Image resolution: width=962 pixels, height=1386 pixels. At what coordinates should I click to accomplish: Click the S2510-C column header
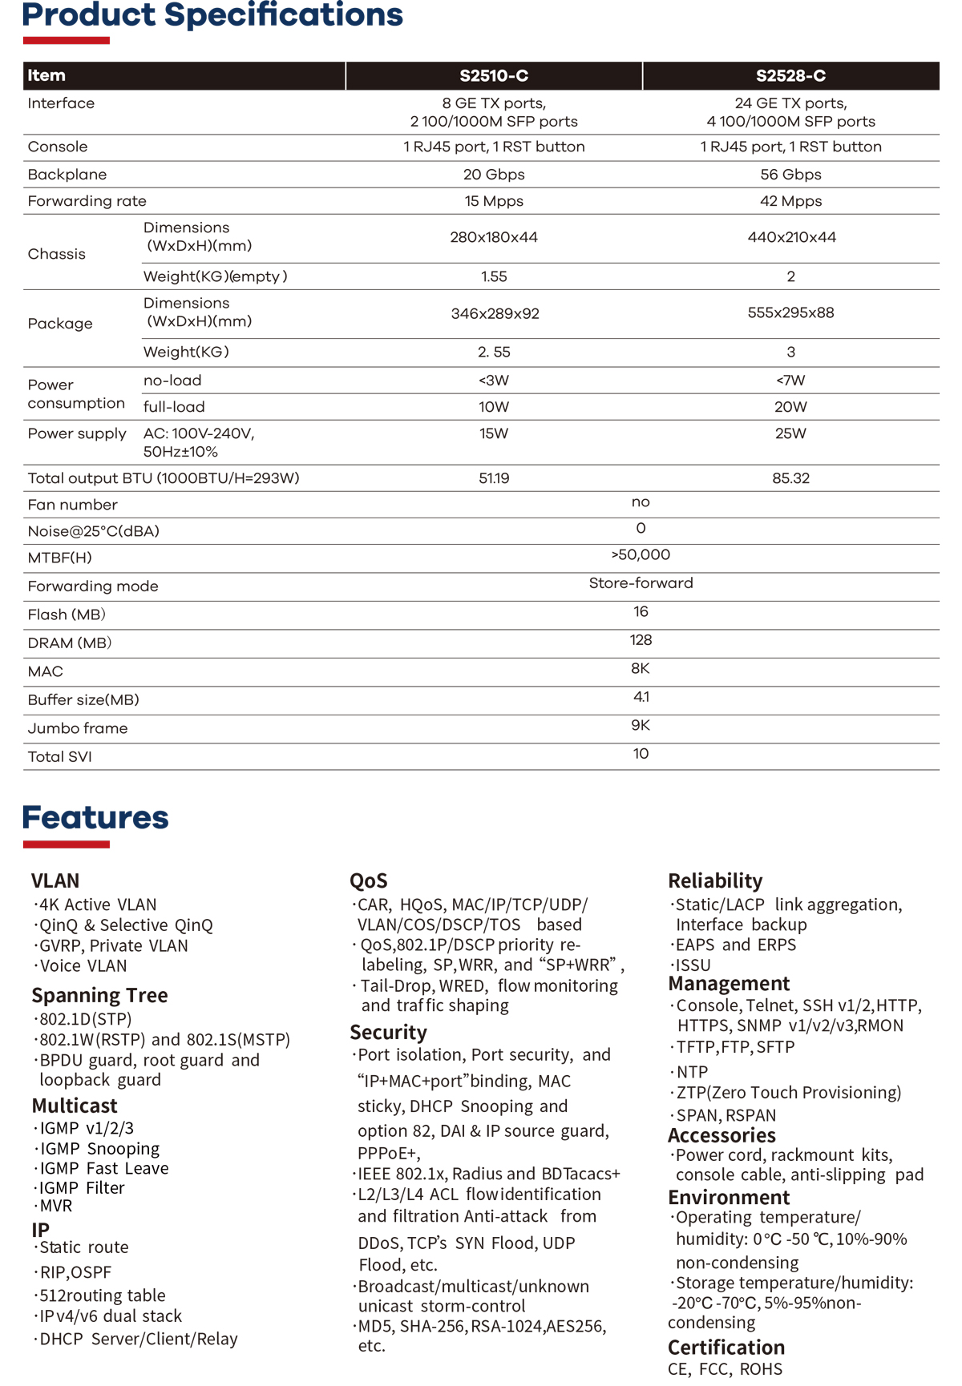pyautogui.click(x=494, y=76)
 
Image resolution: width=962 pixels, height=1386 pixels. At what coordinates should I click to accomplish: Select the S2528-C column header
pyautogui.click(x=790, y=76)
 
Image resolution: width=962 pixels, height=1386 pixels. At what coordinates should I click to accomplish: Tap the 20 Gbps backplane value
pyautogui.click(x=494, y=175)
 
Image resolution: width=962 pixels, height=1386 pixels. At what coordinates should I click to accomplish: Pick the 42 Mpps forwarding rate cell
pyautogui.click(x=790, y=201)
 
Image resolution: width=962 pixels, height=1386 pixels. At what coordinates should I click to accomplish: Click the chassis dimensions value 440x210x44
pyautogui.click(x=791, y=237)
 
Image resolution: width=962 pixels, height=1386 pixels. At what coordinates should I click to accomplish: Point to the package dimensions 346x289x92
pyautogui.click(x=495, y=313)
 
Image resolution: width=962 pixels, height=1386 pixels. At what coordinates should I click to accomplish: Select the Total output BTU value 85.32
pyautogui.click(x=790, y=478)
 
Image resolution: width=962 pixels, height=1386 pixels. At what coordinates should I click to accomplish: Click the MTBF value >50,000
pyautogui.click(x=641, y=554)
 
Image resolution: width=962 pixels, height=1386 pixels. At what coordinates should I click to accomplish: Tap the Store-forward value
pyautogui.click(x=641, y=583)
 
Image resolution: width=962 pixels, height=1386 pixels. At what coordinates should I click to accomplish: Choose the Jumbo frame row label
pyautogui.click(x=78, y=728)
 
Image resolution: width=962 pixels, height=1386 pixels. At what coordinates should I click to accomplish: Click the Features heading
pyautogui.click(x=95, y=817)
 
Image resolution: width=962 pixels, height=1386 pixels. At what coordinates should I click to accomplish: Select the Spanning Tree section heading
pyautogui.click(x=99, y=995)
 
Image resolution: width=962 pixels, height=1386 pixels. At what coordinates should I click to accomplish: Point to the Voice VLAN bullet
pyautogui.click(x=83, y=966)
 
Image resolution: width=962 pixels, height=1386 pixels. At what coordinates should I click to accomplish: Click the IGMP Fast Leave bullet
pyautogui.click(x=103, y=1168)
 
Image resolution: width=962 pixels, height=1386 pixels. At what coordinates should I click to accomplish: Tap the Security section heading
pyautogui.click(x=388, y=1032)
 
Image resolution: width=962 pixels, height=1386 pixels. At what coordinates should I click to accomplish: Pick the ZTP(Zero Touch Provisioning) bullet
pyautogui.click(x=788, y=1093)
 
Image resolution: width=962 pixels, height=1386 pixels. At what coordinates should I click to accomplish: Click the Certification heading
pyautogui.click(x=726, y=1347)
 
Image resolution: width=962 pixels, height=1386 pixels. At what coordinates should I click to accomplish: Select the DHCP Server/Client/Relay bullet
pyautogui.click(x=138, y=1339)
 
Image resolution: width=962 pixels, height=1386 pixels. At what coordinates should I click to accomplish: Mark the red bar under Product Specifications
pyautogui.click(x=66, y=40)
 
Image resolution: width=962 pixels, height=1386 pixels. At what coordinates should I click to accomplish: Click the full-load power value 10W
pyautogui.click(x=494, y=407)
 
